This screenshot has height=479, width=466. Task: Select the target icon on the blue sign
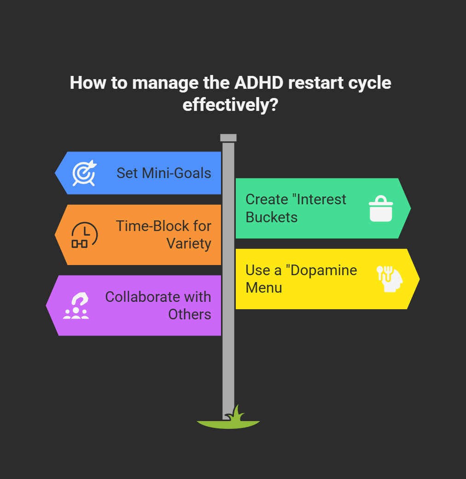[84, 173]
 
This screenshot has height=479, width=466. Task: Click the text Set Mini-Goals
[163, 173]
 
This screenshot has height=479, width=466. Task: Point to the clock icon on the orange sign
[84, 235]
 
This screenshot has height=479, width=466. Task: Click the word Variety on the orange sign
[189, 243]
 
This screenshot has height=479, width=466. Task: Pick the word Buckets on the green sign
[271, 217]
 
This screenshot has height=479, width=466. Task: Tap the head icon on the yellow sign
[390, 279]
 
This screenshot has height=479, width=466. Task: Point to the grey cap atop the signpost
[228, 138]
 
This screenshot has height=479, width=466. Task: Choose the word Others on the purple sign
[189, 314]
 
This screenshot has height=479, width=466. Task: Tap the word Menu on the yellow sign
[264, 288]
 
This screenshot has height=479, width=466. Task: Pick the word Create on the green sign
[267, 199]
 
